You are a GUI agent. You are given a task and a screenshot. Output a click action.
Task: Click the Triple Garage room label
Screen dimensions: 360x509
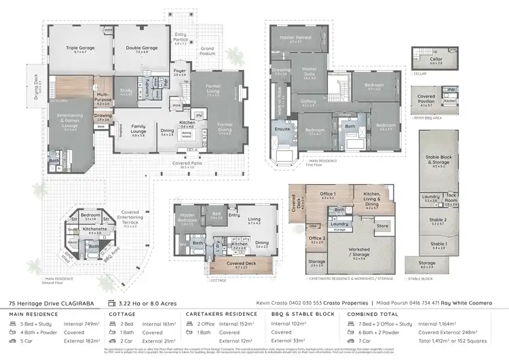coord(80,48)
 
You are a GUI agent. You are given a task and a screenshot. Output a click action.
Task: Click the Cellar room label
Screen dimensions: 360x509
coord(436,59)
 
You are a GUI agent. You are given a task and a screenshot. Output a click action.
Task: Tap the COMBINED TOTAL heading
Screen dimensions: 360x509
coord(373,314)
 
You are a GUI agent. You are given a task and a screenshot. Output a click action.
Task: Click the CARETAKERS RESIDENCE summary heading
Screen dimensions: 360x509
coord(223,314)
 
